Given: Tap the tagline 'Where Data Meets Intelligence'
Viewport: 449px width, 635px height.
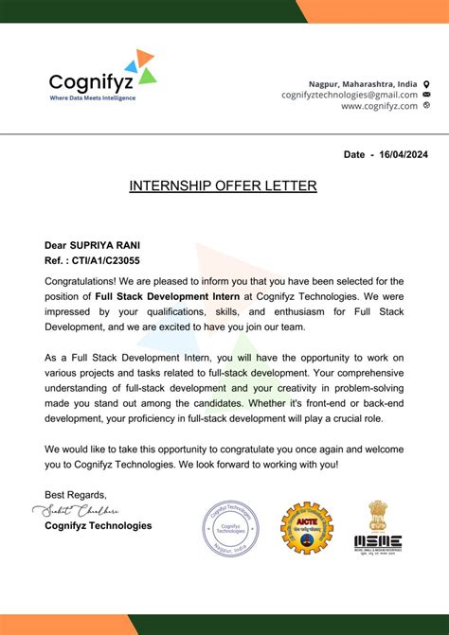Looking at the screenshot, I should (x=92, y=97).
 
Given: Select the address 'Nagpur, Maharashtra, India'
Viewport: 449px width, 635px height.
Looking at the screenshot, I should (x=363, y=83).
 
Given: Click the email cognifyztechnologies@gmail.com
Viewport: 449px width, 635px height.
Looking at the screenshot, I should (x=349, y=95).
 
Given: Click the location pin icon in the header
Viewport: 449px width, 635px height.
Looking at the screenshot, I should (x=426, y=83).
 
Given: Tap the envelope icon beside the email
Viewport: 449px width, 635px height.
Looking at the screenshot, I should (x=426, y=95).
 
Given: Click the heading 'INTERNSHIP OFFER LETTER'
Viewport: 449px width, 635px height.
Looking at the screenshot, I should (x=223, y=186).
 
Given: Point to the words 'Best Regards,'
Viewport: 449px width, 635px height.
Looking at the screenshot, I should (x=76, y=495).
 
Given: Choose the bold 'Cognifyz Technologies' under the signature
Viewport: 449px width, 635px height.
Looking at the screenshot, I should (x=98, y=526).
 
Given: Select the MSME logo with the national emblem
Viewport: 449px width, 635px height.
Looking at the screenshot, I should (x=378, y=526).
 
